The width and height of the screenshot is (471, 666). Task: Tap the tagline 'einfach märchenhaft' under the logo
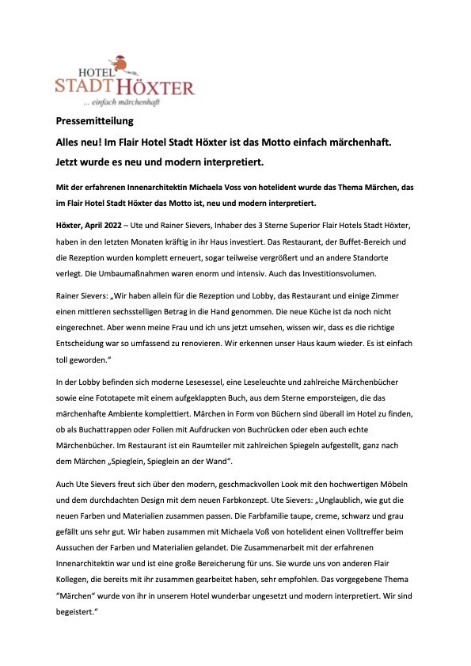(127, 103)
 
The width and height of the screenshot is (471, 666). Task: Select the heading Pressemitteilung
(95, 122)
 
